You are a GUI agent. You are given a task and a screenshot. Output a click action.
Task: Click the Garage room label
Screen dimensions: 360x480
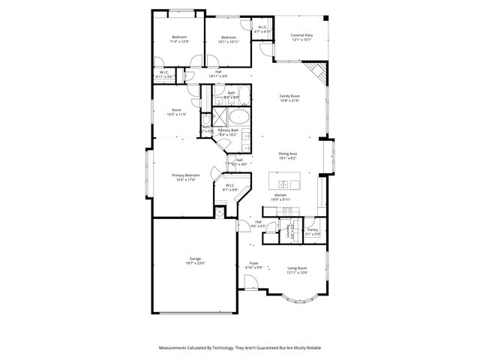(194, 259)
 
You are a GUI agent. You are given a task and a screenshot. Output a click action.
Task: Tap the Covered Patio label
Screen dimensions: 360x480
(302, 35)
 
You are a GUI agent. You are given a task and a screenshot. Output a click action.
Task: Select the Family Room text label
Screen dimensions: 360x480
(289, 96)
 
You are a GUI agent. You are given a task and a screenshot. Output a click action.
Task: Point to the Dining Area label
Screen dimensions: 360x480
(288, 154)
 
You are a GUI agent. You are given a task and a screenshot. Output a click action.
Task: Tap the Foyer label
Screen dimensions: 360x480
(253, 263)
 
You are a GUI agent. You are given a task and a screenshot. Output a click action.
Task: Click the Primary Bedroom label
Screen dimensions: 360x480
(187, 175)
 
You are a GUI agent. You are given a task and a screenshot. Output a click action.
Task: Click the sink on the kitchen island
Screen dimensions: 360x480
(284, 184)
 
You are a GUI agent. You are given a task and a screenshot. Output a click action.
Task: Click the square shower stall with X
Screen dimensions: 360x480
(220, 117)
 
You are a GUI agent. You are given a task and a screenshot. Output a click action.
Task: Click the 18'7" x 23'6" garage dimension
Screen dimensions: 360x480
(194, 263)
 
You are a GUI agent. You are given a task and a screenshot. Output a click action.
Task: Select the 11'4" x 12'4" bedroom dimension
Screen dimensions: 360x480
(179, 41)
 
